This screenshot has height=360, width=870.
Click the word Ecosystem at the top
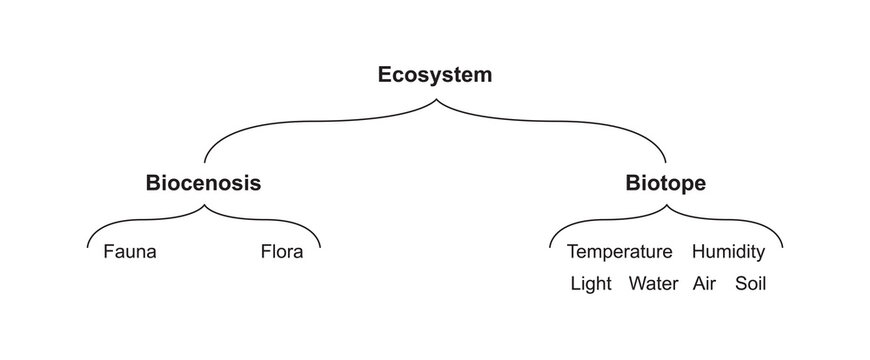[x=435, y=75]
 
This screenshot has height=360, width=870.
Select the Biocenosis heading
[x=204, y=183]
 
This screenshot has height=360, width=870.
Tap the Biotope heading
[x=665, y=183]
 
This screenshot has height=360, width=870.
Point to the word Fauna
[x=130, y=251]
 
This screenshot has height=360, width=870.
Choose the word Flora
[x=281, y=251]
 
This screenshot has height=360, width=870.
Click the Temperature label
[x=619, y=251]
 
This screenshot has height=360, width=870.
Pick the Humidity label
[x=728, y=251]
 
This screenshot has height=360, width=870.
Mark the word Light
[x=590, y=283]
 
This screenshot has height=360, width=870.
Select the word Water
[x=654, y=283]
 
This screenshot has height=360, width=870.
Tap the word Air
[x=705, y=283]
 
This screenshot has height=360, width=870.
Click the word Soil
[x=750, y=283]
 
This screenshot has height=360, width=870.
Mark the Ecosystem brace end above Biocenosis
[x=205, y=161]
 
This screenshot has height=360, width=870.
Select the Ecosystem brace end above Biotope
[x=666, y=161]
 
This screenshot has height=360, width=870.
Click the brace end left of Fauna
[x=89, y=246]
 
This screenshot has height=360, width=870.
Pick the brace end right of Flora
[x=321, y=246]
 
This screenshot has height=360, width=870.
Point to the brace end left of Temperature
[x=550, y=246]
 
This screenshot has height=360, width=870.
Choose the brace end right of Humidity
[x=782, y=246]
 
